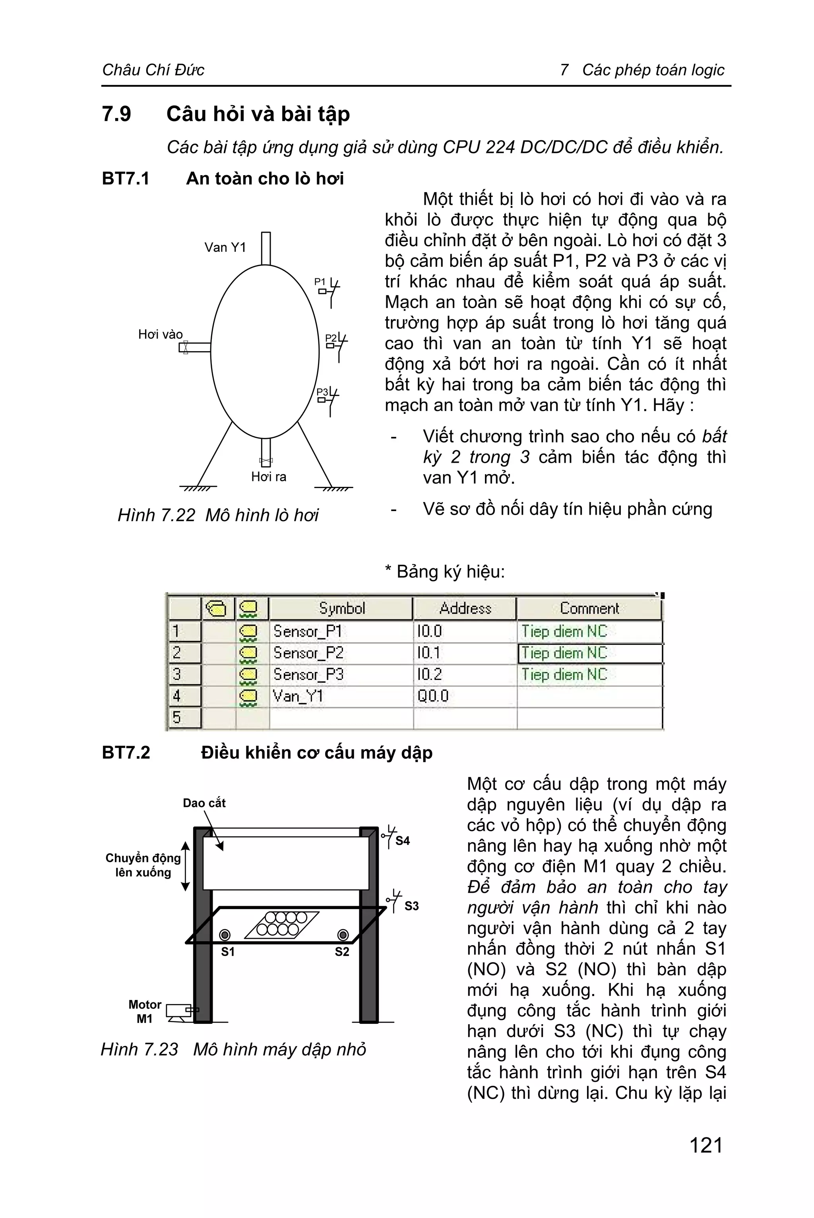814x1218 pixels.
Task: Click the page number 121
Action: pyautogui.click(x=705, y=1145)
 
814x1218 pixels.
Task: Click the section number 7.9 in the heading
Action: pyautogui.click(x=117, y=114)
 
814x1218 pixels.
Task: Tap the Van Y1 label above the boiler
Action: pyautogui.click(x=225, y=247)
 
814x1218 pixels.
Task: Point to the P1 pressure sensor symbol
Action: pyautogui.click(x=329, y=290)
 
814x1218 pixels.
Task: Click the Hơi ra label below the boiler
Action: pyautogui.click(x=268, y=477)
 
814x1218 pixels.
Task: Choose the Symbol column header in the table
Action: pyautogui.click(x=341, y=608)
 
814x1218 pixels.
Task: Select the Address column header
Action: pyautogui.click(x=465, y=608)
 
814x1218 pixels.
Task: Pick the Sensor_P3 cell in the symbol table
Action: pyautogui.click(x=308, y=674)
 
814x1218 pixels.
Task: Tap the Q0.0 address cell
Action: pyautogui.click(x=432, y=696)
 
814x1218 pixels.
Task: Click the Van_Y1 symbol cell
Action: pyautogui.click(x=298, y=696)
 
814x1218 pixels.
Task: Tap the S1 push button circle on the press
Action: pyautogui.click(x=225, y=935)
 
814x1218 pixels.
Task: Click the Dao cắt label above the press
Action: pyautogui.click(x=204, y=803)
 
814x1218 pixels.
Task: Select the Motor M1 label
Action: pyautogui.click(x=144, y=1011)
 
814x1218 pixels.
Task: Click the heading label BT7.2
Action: pyautogui.click(x=126, y=753)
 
